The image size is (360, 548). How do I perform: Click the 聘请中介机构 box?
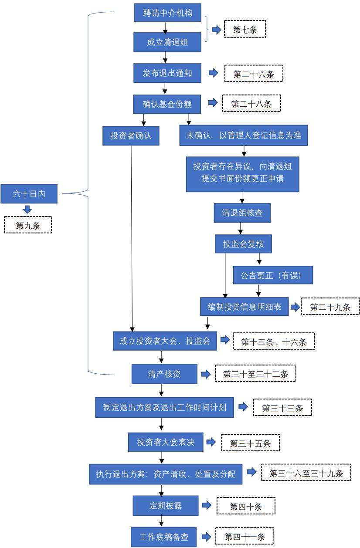168,13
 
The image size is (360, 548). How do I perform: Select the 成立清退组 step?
167,42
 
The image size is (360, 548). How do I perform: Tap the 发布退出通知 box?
167,73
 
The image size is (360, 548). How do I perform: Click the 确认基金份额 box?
167,104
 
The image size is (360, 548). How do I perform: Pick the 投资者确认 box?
131,136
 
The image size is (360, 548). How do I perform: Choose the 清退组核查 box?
242,213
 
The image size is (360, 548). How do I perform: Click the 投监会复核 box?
244,244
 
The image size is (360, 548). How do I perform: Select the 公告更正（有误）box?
273,275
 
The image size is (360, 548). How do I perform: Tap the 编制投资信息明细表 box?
245,307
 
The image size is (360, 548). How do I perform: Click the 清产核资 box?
164,374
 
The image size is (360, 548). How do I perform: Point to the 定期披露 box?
166,506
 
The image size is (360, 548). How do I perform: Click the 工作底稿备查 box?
164,537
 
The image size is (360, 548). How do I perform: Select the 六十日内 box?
29,194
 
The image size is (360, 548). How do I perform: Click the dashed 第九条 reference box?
28,225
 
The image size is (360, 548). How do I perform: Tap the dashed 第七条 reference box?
245,29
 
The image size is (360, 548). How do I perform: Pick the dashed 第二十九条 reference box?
330,306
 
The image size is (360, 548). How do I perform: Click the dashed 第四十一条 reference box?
245,536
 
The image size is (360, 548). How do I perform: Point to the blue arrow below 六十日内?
27,210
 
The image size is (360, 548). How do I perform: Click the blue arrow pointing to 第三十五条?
211,442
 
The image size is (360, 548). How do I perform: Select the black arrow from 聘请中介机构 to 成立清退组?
165,27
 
